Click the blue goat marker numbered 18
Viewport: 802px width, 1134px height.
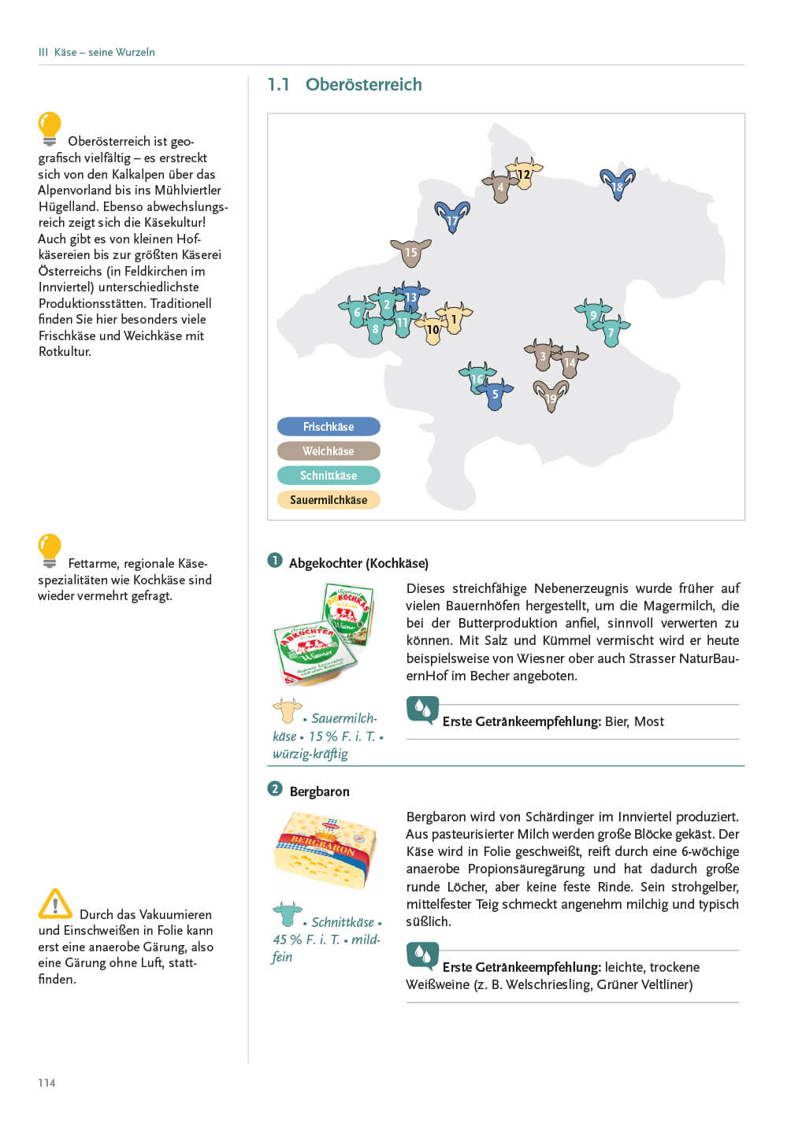coord(618,185)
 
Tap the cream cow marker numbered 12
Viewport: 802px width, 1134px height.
coord(524,174)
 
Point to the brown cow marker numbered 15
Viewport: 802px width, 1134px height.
coord(410,253)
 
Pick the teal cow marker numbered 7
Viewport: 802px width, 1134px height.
coord(611,332)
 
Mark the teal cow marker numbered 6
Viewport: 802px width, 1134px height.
coord(357,312)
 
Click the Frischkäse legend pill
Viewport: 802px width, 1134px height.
coord(329,427)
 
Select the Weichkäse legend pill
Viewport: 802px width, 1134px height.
coord(329,451)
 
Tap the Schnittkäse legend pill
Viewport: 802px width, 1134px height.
coord(329,476)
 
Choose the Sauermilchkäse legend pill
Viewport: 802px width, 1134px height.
coord(329,500)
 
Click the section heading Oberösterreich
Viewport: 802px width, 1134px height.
coord(363,84)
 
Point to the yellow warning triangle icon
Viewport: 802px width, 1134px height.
coord(55,905)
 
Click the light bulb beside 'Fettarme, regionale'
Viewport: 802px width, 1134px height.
coord(50,550)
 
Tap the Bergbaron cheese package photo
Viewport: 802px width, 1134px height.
coord(325,851)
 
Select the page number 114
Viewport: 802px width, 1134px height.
coord(46,1083)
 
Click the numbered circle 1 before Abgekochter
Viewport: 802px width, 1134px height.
coord(275,561)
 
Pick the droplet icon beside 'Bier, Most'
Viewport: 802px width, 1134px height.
coord(422,710)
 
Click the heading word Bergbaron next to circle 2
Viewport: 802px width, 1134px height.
coord(319,791)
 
